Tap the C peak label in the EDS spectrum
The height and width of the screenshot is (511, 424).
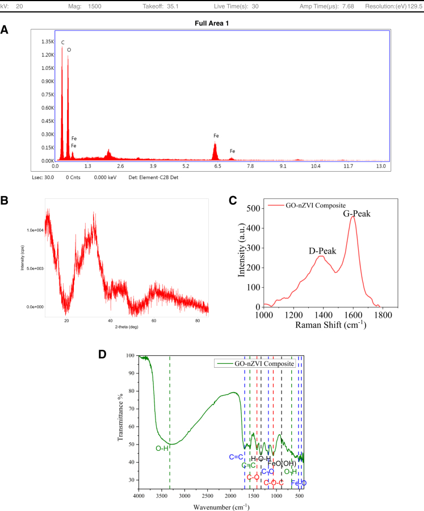(63, 42)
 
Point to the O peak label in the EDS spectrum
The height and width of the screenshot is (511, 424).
(69, 49)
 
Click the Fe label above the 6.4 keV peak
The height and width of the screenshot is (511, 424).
(216, 136)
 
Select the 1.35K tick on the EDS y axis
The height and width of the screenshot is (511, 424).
(46, 42)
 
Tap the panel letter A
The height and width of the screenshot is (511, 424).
(5, 30)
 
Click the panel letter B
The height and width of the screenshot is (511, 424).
(5, 201)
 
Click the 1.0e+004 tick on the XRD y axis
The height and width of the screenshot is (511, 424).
(35, 230)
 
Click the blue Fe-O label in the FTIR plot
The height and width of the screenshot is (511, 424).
(299, 483)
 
